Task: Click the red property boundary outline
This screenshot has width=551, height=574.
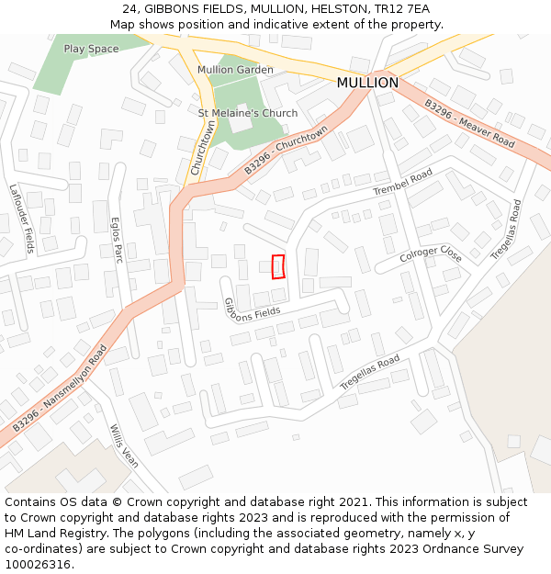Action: [278, 266]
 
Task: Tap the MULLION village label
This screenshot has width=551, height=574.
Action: [367, 83]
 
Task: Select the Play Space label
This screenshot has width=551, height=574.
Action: [91, 49]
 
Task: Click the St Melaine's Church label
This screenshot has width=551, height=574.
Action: [248, 113]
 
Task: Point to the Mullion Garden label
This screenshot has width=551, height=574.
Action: [235, 70]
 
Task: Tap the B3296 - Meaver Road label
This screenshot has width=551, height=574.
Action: [469, 124]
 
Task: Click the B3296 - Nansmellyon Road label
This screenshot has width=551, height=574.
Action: [60, 388]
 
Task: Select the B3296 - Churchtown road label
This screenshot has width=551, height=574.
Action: [286, 152]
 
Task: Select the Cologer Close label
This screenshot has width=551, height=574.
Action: [431, 253]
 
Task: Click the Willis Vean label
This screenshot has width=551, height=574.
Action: [123, 446]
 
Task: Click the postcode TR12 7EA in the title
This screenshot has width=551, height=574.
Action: [401, 8]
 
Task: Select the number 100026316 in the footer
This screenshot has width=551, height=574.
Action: [39, 565]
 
